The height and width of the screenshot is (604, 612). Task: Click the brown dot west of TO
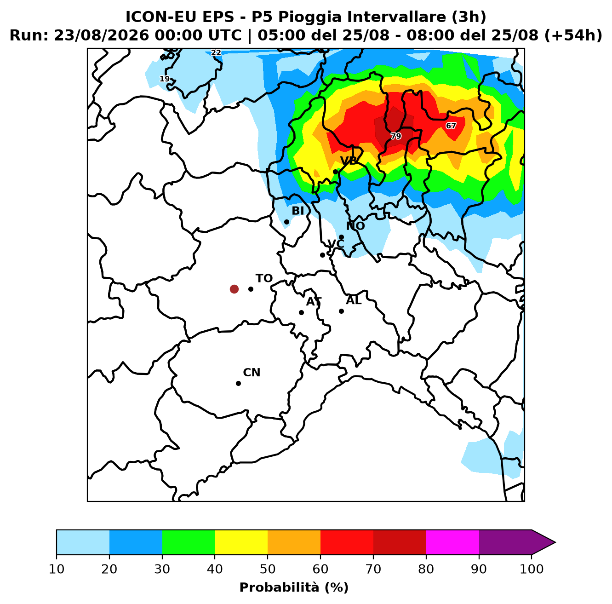click(x=234, y=289)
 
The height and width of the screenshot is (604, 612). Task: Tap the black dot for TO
click(x=251, y=289)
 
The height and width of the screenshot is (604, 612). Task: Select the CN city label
click(x=252, y=373)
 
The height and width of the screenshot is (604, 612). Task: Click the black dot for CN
click(x=238, y=383)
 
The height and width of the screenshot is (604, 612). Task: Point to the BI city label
click(x=297, y=211)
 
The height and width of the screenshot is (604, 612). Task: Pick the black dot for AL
click(x=341, y=311)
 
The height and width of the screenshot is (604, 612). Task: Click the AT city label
click(x=314, y=302)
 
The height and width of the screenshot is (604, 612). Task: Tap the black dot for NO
click(x=341, y=237)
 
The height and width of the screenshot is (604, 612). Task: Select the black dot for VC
click(x=322, y=255)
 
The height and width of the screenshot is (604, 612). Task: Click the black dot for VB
click(x=335, y=172)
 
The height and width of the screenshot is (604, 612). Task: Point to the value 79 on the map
click(x=396, y=136)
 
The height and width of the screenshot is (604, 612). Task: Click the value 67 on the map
click(x=451, y=126)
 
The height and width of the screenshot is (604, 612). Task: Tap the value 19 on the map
click(x=165, y=79)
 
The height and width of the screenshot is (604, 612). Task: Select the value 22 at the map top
click(x=216, y=53)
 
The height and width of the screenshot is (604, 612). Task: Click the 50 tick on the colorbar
click(x=268, y=569)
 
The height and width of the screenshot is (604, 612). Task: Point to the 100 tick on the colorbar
click(x=532, y=569)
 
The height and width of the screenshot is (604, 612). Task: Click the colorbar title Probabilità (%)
click(x=294, y=587)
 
